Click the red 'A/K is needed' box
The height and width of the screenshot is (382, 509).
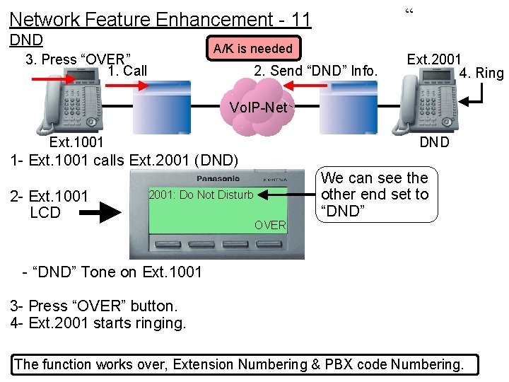[252, 48]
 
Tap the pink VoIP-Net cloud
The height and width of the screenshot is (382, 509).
[258, 106]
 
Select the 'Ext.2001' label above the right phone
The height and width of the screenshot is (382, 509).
[434, 59]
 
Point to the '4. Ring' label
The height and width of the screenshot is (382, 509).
[481, 73]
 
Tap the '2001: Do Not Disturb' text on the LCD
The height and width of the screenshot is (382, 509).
[201, 195]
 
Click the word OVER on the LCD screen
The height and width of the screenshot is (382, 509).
[270, 225]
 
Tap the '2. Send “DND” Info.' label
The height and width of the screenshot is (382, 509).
[316, 70]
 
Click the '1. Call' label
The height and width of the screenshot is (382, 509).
[128, 70]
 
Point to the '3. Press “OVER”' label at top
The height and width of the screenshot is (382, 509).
[78, 59]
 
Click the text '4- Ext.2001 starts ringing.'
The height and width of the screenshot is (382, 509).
[98, 323]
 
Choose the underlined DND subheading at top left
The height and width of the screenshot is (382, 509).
[26, 40]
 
